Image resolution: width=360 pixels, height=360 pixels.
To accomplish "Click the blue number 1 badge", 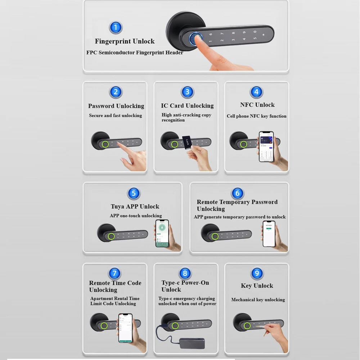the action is [x=116, y=28].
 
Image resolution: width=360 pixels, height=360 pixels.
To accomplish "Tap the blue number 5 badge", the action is [x=134, y=193].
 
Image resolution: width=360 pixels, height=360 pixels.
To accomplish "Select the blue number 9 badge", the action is [x=257, y=273].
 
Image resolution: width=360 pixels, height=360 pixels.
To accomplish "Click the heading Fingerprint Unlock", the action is [x=125, y=41].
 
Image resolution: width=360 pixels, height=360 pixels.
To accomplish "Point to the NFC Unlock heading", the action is [x=257, y=105].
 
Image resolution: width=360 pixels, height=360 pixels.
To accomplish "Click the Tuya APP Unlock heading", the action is [x=135, y=206].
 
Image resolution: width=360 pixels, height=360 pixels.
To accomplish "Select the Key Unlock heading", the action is [x=257, y=286].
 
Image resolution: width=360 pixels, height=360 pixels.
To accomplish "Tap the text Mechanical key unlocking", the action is [x=258, y=300].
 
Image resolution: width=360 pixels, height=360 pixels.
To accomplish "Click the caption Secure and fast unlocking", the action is [x=116, y=116].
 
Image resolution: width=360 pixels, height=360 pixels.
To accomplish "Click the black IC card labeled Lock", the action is [x=186, y=142].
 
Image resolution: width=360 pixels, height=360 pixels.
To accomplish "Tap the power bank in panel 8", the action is [x=192, y=343].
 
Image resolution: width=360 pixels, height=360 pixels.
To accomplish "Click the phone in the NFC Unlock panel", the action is [x=266, y=147].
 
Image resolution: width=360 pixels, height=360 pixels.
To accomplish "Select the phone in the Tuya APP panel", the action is [x=162, y=233].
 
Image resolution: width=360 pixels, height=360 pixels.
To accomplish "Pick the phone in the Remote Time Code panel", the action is [x=125, y=328].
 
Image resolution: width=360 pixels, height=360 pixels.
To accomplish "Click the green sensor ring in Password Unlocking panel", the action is [x=105, y=144].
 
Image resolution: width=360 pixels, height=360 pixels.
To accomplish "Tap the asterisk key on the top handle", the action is [x=264, y=35].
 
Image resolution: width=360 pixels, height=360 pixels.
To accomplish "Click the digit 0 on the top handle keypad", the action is [x=255, y=32].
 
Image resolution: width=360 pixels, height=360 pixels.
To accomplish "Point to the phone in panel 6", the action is [x=269, y=234].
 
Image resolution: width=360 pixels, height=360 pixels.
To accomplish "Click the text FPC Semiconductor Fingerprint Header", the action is [x=135, y=53].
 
